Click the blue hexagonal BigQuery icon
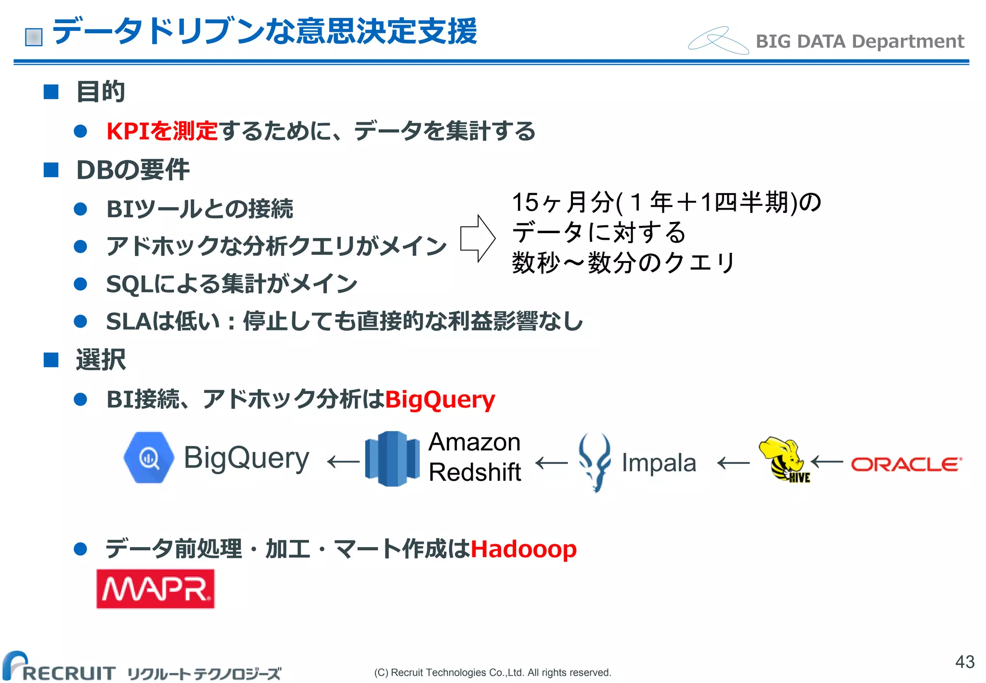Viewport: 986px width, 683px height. point(149,458)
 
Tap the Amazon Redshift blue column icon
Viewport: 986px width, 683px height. point(392,459)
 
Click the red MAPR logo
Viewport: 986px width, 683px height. point(156,589)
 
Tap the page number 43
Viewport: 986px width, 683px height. point(964,662)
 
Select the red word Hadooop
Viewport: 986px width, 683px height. point(523,549)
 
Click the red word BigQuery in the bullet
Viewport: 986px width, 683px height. point(440,399)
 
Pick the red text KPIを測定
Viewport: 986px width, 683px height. point(162,131)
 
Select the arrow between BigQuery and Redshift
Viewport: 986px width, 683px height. point(343,462)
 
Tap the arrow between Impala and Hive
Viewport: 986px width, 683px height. point(733,463)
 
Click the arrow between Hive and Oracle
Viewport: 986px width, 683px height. point(827,462)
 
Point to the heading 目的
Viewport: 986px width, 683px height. point(101,92)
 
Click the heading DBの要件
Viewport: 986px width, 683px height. point(133,170)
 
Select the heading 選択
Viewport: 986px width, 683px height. point(101,360)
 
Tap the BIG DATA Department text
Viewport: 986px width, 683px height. point(859,41)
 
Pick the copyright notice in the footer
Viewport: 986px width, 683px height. point(493,672)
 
